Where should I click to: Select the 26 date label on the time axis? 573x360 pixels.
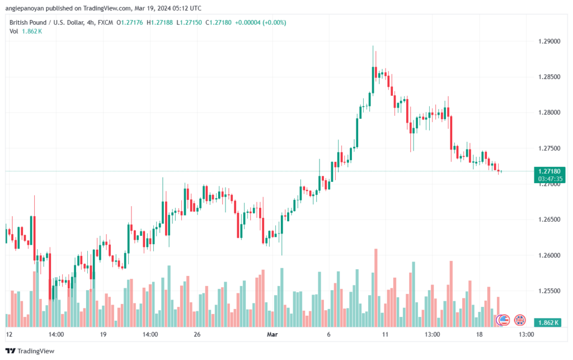(197, 334)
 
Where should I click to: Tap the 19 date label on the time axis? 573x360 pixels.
(103, 334)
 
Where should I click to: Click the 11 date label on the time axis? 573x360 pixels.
(385, 334)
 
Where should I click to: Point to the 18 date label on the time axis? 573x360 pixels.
(479, 334)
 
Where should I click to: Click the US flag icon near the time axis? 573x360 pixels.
(503, 320)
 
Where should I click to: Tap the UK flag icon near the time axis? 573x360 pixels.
(520, 320)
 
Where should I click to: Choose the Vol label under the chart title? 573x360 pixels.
(14, 31)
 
